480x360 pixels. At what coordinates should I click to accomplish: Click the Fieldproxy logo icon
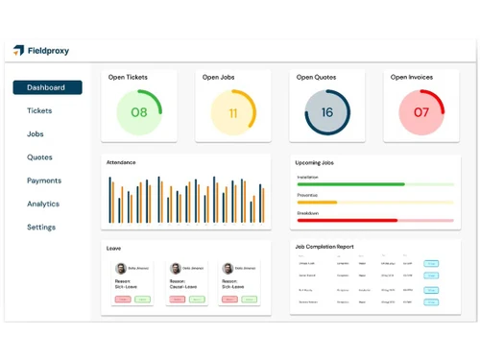tap(19, 50)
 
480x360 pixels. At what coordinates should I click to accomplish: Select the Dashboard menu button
tap(47, 87)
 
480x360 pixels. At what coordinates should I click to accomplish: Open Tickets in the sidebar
tap(39, 110)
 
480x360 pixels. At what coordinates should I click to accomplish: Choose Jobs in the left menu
tap(36, 133)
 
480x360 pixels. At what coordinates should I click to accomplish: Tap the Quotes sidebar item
tap(39, 157)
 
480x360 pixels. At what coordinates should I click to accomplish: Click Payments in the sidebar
tap(43, 180)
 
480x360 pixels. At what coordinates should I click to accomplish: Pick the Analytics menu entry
tap(42, 204)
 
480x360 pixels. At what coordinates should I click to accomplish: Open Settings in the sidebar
tap(40, 228)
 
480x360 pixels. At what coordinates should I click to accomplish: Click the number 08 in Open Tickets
tap(139, 112)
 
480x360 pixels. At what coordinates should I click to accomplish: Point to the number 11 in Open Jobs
tap(232, 112)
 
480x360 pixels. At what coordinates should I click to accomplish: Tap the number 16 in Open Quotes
tap(327, 112)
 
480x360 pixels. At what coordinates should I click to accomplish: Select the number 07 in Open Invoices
tap(421, 112)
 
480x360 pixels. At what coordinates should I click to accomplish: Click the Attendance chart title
tap(121, 162)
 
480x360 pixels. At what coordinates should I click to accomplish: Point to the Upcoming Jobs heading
tap(314, 162)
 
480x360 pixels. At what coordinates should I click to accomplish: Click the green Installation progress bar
tap(350, 183)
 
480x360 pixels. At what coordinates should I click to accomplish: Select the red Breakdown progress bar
tap(348, 220)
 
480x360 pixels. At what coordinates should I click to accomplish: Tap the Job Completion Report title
tap(324, 247)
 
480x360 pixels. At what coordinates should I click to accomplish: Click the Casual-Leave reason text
tap(185, 286)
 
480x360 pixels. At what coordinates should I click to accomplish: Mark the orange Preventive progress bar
tap(317, 202)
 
